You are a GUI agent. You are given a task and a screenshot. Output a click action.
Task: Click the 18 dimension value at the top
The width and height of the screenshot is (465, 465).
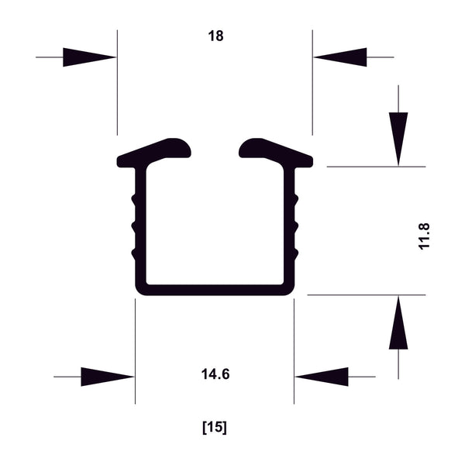tap(215, 36)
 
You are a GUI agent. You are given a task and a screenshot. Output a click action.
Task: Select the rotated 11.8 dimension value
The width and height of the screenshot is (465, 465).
tap(423, 235)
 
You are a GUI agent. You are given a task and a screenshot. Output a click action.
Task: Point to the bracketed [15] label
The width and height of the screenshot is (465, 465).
tap(215, 427)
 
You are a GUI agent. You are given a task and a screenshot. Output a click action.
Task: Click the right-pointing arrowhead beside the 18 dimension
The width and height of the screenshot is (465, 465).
tap(89, 57)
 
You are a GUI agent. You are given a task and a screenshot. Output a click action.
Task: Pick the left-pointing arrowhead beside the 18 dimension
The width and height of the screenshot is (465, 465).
tap(340, 57)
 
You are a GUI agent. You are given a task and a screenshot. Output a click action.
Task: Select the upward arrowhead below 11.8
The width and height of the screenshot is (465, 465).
tap(398, 323)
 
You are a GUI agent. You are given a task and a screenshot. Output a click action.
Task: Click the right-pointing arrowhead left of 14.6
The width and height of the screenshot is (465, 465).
tap(107, 377)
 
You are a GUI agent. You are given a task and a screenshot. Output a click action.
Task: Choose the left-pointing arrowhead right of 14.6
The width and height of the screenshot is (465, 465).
tap(322, 377)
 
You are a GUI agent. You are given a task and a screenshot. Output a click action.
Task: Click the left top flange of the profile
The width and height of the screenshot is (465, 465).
tap(155, 152)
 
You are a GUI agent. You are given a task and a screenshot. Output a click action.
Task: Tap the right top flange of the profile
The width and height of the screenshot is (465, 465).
tap(275, 152)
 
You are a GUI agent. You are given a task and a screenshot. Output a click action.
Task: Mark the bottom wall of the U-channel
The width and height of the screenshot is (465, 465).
tap(215, 291)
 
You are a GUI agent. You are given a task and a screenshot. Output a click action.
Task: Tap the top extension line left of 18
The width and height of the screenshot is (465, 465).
tap(117, 93)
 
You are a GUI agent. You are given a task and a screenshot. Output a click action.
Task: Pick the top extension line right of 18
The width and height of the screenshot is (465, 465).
tap(312, 93)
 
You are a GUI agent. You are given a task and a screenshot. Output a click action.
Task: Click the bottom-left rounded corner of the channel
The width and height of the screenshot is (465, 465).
tap(140, 290)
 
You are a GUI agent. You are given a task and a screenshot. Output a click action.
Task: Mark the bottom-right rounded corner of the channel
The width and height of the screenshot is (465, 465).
tap(290, 290)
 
